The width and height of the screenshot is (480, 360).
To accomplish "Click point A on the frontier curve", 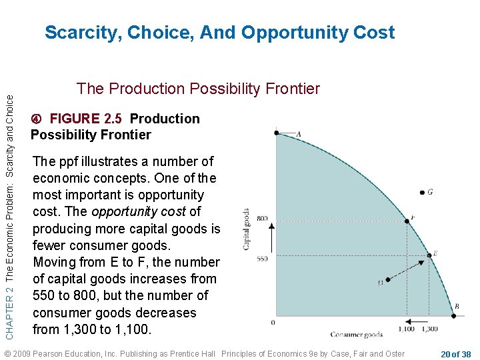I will tap(277, 133).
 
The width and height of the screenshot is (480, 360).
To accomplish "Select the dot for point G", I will tap(422, 193).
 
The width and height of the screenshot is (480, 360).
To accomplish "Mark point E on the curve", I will tap(429, 254).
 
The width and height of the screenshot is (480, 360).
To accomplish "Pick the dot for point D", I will tap(388, 280).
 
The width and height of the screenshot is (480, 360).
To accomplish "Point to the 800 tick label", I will tap(262, 219).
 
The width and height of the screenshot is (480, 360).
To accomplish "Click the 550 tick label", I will tap(262, 258).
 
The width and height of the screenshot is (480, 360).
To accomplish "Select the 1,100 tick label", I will tap(406, 329).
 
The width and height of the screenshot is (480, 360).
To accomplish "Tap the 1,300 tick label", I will tap(429, 329).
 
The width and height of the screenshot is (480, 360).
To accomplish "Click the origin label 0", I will tap(273, 322).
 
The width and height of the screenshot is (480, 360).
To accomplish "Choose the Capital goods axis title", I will tap(246, 229).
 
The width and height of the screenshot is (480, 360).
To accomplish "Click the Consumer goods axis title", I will tap(357, 335).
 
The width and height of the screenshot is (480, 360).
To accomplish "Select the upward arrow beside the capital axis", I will tap(271, 238).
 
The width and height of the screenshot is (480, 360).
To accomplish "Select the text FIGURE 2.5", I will tap(85, 119).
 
